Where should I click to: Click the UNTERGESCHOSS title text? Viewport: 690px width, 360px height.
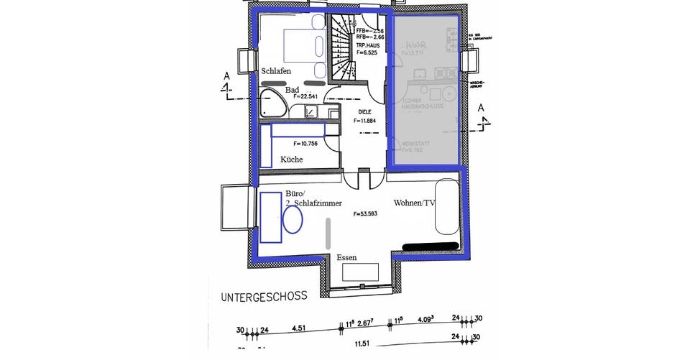264,295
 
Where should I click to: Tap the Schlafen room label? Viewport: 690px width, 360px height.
276,71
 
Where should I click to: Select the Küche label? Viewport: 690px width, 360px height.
291,160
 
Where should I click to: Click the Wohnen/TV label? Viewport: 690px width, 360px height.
415,203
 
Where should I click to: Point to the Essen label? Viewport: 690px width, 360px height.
346,257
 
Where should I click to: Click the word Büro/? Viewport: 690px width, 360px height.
296,194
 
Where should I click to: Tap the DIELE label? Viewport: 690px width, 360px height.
366,111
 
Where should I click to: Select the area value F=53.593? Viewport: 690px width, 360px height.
366,214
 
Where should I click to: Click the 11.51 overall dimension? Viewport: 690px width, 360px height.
362,344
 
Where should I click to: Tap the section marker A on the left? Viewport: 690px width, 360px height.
226,76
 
